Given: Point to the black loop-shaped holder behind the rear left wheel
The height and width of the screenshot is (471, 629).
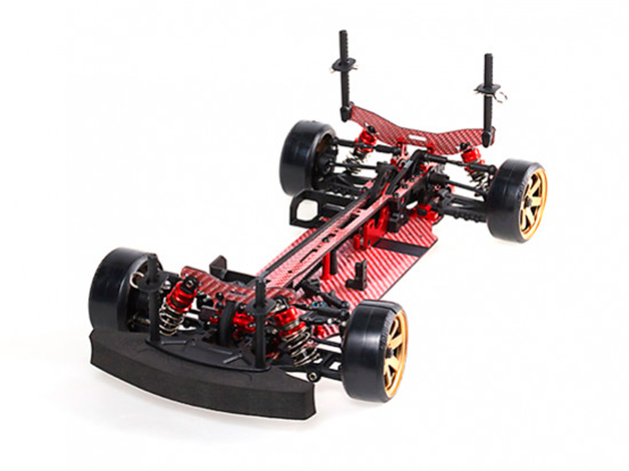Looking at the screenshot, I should pyautogui.click(x=306, y=208).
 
